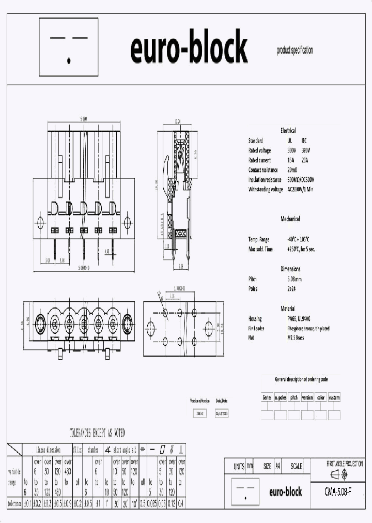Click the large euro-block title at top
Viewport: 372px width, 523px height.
tap(189, 49)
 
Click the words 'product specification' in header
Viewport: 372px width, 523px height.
tap(295, 50)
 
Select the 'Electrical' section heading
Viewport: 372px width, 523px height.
tap(288, 131)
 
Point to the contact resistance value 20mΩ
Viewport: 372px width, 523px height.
tap(292, 170)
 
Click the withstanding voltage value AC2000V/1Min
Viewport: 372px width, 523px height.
tap(301, 190)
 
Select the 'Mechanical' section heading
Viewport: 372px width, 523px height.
tap(290, 219)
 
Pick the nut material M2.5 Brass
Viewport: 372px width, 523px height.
tap(297, 339)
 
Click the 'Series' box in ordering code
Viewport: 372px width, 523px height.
tap(267, 397)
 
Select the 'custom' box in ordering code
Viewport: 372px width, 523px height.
tap(334, 397)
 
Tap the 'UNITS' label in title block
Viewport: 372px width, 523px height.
tap(239, 466)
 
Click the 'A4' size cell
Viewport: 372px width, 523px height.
tap(278, 466)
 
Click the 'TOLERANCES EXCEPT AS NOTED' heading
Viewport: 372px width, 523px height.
tap(97, 433)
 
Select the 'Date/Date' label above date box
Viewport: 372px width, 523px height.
tap(221, 401)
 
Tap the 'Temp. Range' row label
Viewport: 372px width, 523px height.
tap(259, 239)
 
